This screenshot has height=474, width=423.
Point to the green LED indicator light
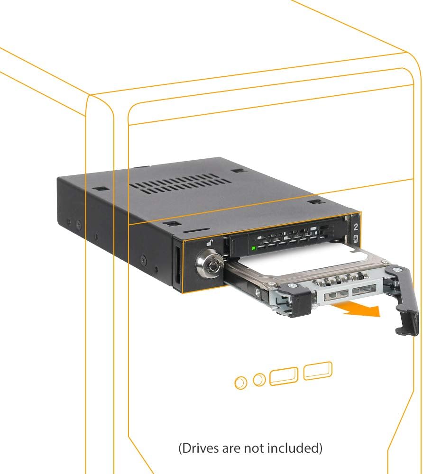[x=254, y=248]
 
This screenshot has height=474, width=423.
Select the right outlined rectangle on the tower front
[x=318, y=371]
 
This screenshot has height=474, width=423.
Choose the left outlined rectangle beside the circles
[x=284, y=375]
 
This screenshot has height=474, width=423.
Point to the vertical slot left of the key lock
[x=177, y=266]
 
